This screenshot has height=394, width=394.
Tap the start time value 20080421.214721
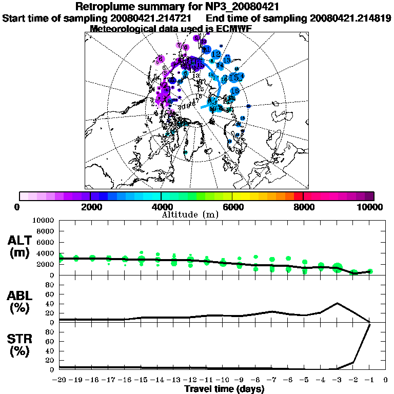[153, 18]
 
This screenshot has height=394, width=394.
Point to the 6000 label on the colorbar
[232, 207]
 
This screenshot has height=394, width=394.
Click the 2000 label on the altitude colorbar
[90, 207]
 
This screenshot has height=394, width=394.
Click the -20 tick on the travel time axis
[60, 380]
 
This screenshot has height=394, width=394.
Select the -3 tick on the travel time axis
[337, 380]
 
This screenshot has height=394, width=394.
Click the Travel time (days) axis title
[224, 389]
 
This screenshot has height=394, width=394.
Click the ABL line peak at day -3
[337, 303]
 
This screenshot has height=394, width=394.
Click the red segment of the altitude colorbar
[298, 196]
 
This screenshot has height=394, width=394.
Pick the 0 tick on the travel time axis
[386, 380]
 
